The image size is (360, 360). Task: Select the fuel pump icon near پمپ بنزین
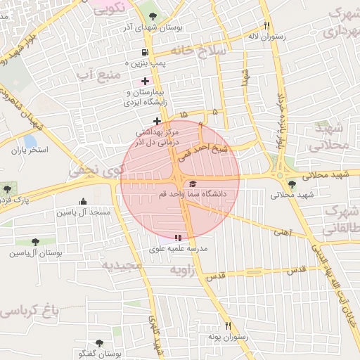tap(145, 52)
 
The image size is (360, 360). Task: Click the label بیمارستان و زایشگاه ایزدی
tap(142, 98)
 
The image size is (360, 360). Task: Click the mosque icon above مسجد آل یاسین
tap(84, 202)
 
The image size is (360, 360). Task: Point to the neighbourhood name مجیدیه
tap(122, 266)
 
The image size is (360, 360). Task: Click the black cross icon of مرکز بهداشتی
tap(157, 122)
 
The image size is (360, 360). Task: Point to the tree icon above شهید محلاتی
tap(292, 184)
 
